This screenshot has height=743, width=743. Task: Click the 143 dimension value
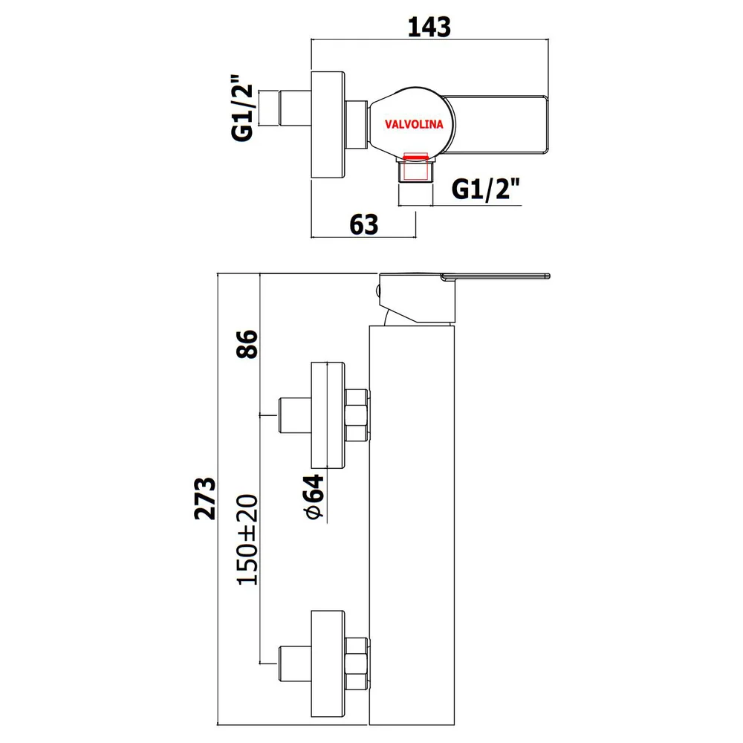[429, 27]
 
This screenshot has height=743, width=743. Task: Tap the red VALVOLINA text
[414, 124]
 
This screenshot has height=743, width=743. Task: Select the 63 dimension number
[364, 224]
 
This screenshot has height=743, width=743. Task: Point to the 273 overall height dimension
[205, 499]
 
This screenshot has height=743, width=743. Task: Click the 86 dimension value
[247, 344]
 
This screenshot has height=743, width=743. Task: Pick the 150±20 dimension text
[247, 539]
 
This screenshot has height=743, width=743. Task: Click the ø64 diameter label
[314, 496]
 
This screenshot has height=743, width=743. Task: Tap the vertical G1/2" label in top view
[243, 108]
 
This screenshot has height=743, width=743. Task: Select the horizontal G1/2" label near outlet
[486, 189]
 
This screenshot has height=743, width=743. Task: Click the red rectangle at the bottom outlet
[415, 166]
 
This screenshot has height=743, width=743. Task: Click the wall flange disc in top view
[328, 125]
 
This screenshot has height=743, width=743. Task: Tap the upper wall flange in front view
[328, 415]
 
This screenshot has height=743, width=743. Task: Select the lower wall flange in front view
[328, 663]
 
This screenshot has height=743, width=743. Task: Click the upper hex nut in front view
[357, 415]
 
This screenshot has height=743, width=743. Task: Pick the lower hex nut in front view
[357, 663]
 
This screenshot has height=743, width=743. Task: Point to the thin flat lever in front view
[495, 276]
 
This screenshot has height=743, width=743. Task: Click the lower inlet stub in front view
[295, 663]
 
